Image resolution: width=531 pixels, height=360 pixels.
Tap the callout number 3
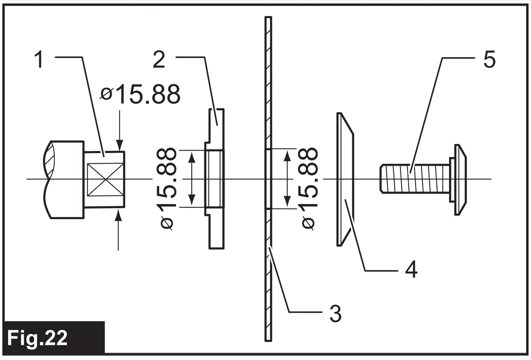pyautogui.click(x=335, y=314)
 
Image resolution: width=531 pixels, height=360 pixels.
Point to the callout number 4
pyautogui.click(x=411, y=270)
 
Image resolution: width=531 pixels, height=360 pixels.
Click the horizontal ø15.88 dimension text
pyautogui.click(x=141, y=95)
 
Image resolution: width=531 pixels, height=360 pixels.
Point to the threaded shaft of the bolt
pyautogui.click(x=414, y=179)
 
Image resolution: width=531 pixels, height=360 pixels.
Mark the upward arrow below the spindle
pyautogui.click(x=119, y=229)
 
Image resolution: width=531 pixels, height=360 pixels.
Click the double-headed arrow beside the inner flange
pyautogui.click(x=192, y=179)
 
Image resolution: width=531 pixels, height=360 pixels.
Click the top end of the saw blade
pyautogui.click(x=268, y=20)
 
